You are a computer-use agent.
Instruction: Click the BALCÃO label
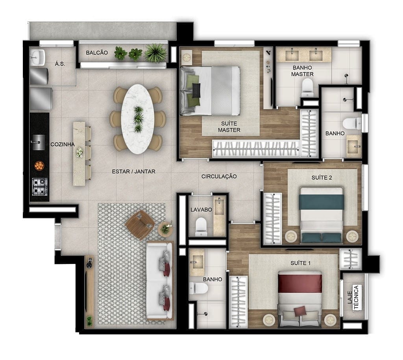(x=97, y=53)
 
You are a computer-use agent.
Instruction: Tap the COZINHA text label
(x=63, y=144)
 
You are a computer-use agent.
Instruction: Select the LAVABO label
(x=201, y=210)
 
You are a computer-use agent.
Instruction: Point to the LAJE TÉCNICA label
(x=353, y=297)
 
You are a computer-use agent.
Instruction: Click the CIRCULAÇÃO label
(x=219, y=176)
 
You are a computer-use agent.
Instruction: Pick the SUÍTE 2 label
(x=322, y=178)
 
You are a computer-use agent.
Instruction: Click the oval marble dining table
(x=138, y=119)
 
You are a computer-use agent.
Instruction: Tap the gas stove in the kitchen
(x=40, y=186)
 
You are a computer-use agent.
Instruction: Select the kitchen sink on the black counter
(x=38, y=142)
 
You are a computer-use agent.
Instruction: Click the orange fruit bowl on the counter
(x=39, y=165)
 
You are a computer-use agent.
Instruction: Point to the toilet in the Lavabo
(x=201, y=226)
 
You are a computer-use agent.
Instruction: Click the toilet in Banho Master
(x=307, y=87)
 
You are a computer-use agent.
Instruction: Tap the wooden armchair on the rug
(x=140, y=225)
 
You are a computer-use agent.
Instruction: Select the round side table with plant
(x=165, y=229)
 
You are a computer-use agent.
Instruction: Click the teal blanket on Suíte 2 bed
(x=322, y=202)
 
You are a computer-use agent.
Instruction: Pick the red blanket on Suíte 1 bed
(x=300, y=283)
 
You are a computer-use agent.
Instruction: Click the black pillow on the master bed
(x=196, y=91)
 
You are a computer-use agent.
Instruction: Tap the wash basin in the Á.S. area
(x=37, y=57)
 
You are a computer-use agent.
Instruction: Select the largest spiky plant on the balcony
(x=155, y=53)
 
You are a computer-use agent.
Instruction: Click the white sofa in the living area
(x=159, y=281)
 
